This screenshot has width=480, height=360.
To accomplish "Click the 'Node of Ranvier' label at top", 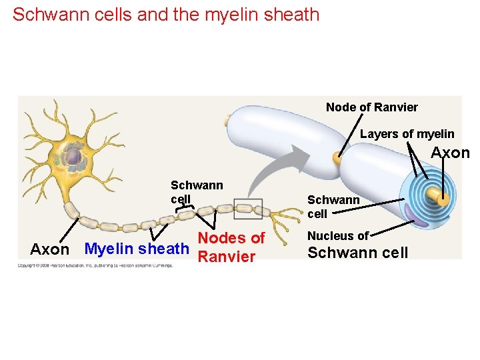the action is [371, 107].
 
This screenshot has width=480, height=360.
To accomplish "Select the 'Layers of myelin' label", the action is [407, 134].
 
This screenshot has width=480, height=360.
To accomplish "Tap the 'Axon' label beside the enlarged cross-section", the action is [450, 153].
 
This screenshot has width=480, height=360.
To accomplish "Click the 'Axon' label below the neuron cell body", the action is [49, 249].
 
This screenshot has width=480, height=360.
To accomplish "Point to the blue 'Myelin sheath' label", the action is [137, 249].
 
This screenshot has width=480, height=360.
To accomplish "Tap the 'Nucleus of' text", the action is [337, 235].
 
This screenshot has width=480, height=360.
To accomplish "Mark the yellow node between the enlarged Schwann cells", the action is [337, 157].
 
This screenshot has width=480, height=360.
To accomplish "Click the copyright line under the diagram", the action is [95, 265].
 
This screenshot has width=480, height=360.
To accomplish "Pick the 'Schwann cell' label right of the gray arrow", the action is [333, 207].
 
